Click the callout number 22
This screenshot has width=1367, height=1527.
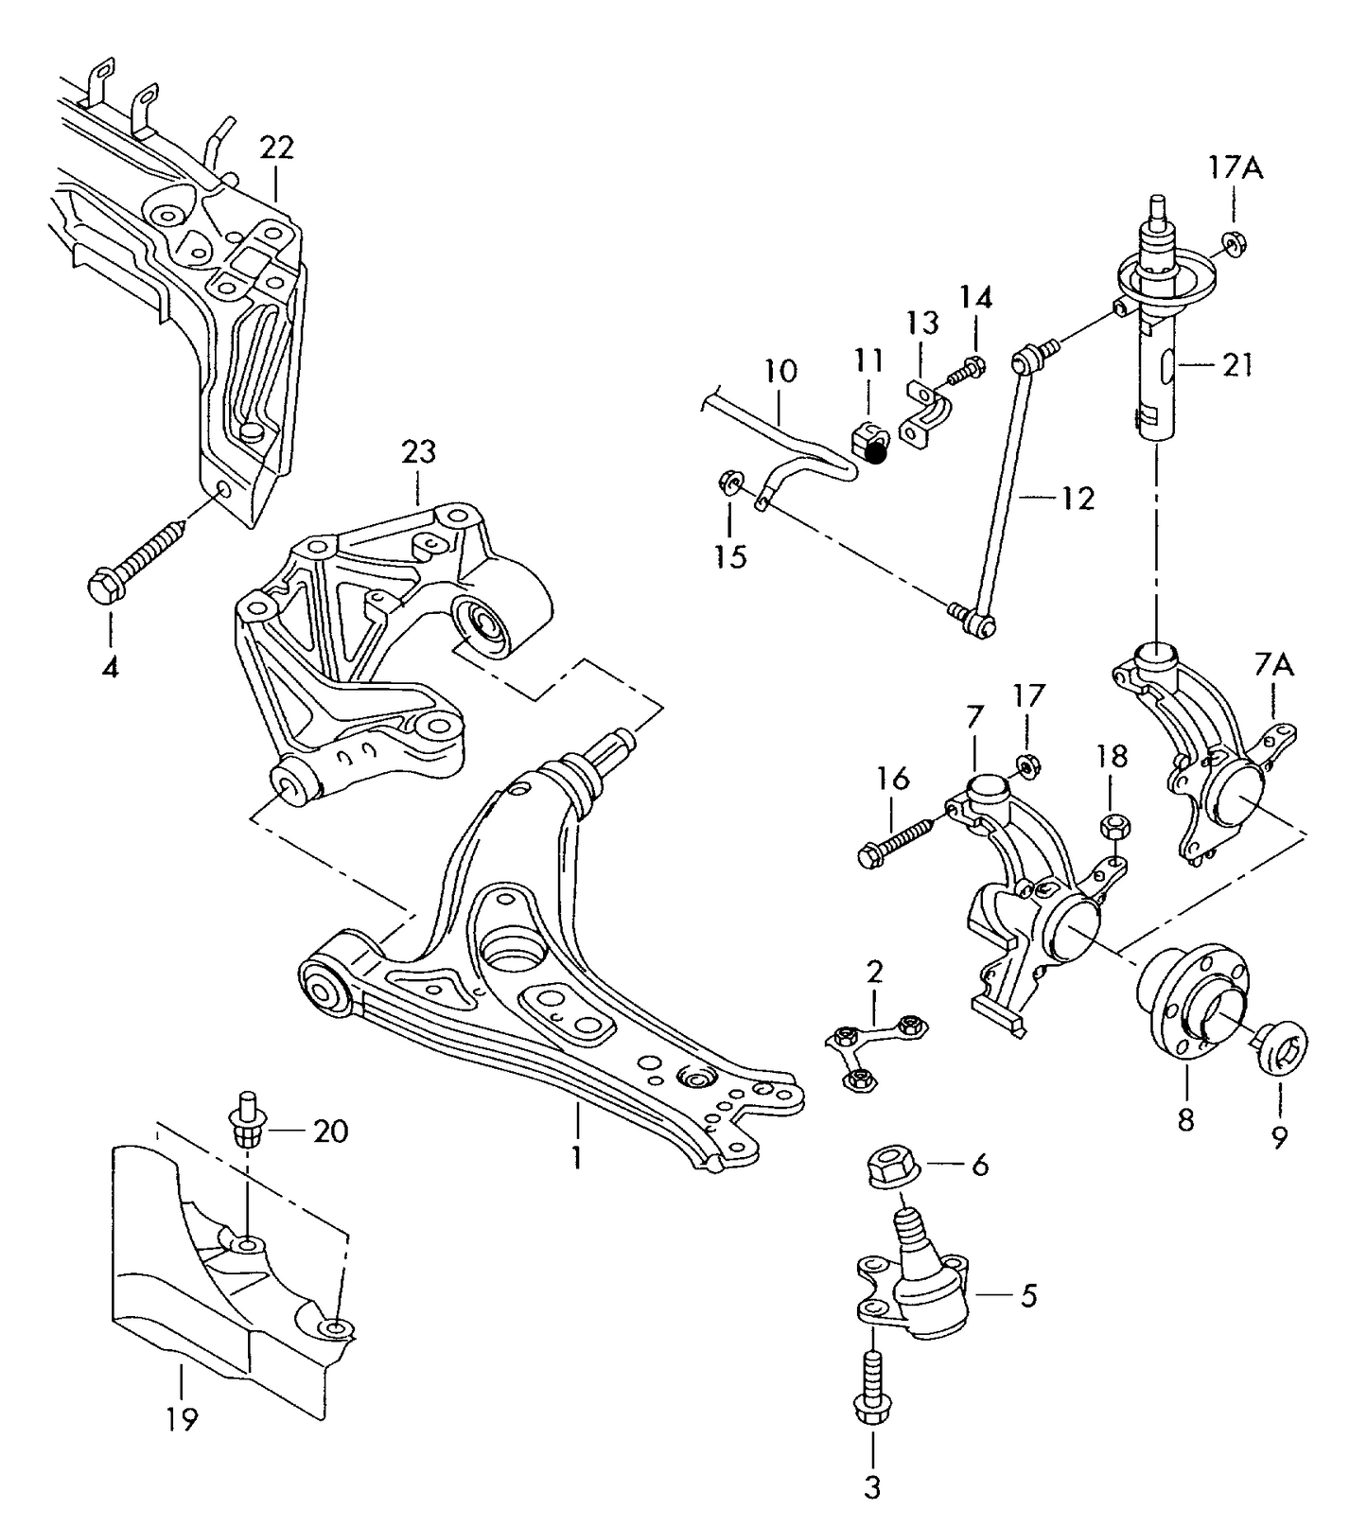click(x=276, y=148)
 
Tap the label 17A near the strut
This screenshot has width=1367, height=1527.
click(x=1236, y=168)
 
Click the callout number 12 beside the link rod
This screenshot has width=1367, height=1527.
click(x=1078, y=499)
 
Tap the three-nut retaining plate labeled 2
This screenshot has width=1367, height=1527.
click(x=876, y=1048)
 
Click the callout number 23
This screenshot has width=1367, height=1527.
click(x=418, y=452)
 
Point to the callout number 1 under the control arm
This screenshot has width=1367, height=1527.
click(x=576, y=1157)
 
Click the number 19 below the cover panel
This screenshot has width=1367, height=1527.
click(x=182, y=1419)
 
